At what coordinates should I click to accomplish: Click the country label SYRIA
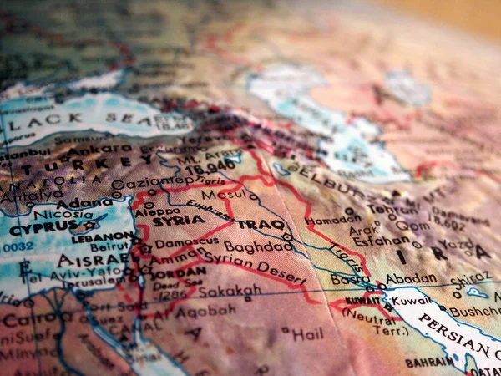[179, 220]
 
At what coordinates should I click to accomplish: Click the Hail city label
[306, 333]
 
